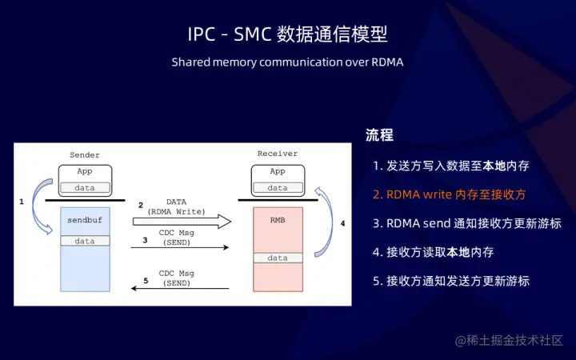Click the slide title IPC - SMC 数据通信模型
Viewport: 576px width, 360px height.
(x=287, y=34)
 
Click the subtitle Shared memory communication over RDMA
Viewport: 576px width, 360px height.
(x=287, y=62)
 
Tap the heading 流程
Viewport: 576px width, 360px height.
(x=379, y=135)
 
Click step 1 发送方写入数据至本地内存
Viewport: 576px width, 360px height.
(x=450, y=166)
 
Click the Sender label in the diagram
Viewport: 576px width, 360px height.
(x=85, y=154)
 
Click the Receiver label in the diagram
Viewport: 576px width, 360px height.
(x=277, y=154)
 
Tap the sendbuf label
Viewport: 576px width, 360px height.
(x=85, y=218)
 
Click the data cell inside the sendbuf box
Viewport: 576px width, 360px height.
(x=85, y=241)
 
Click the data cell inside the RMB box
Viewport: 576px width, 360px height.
(x=278, y=258)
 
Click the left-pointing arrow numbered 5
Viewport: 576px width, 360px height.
(x=181, y=289)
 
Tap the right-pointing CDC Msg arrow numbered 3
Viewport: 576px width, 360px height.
(x=181, y=247)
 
